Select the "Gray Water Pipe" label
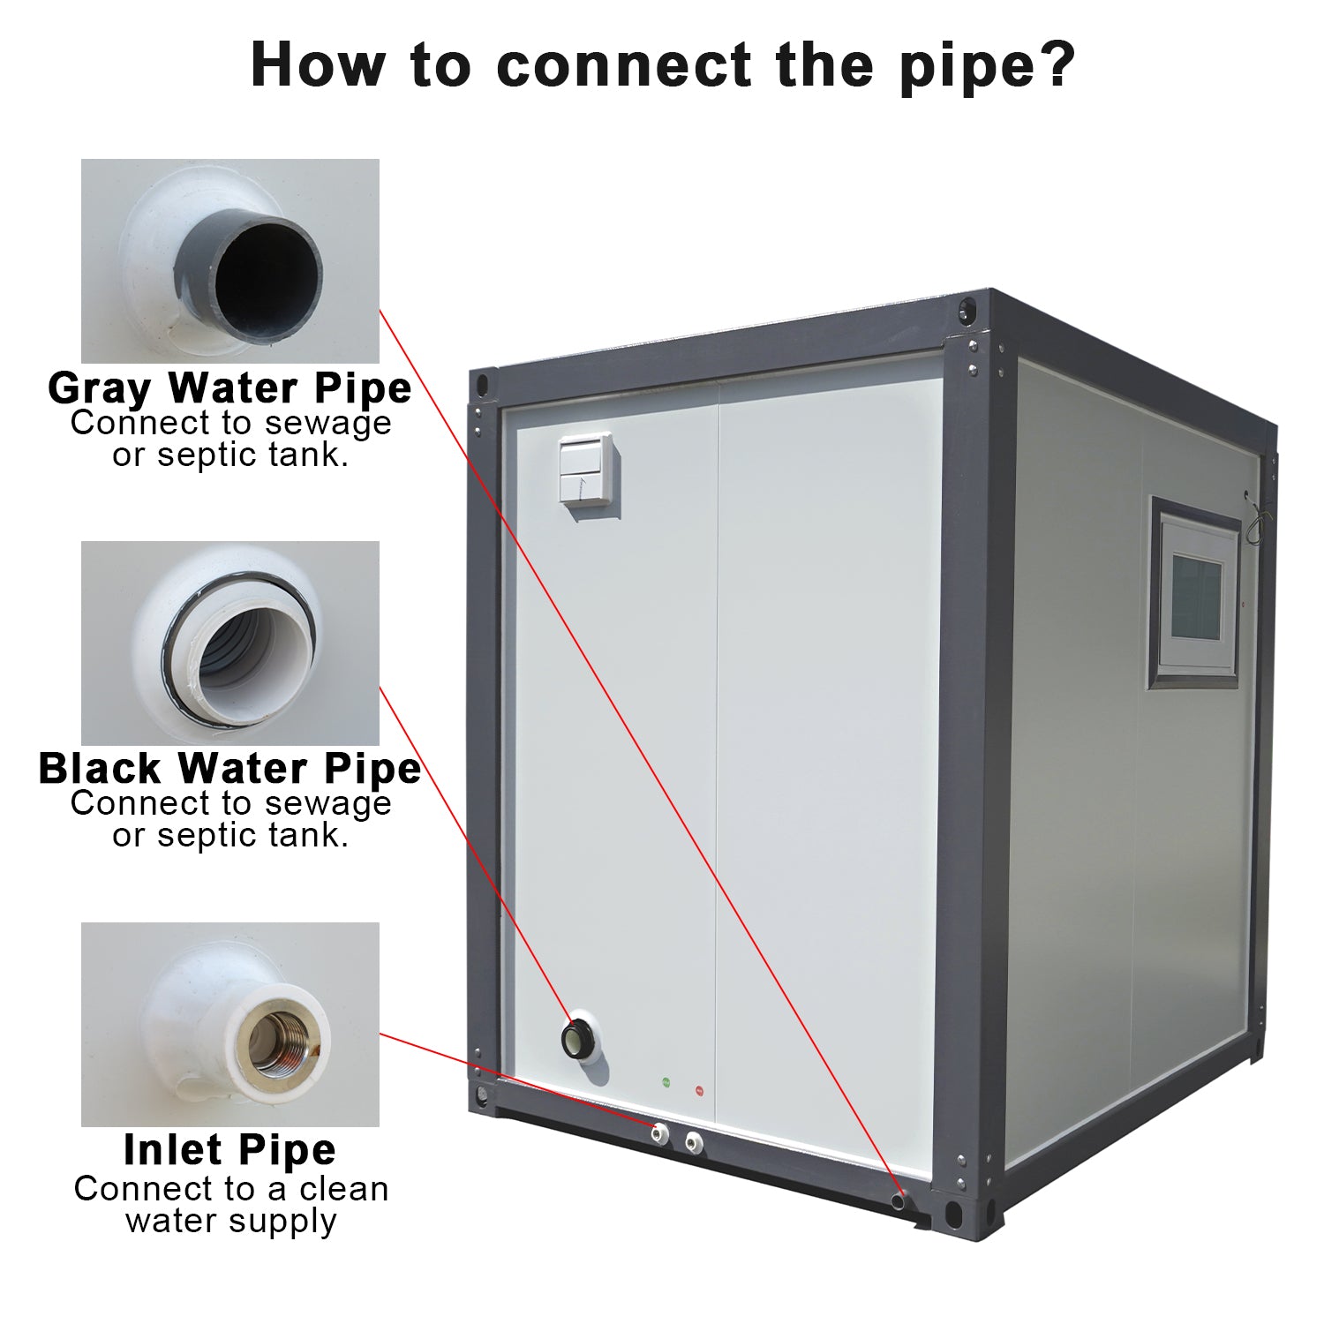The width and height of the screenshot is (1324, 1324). point(229,387)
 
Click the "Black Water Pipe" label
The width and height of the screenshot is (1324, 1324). point(229,768)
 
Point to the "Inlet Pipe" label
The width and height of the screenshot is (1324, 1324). point(229,1149)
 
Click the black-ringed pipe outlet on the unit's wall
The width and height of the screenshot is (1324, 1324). point(579,1038)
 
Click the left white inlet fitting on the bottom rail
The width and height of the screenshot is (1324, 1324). point(658,1132)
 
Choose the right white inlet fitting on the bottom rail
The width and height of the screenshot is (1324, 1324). point(694,1140)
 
